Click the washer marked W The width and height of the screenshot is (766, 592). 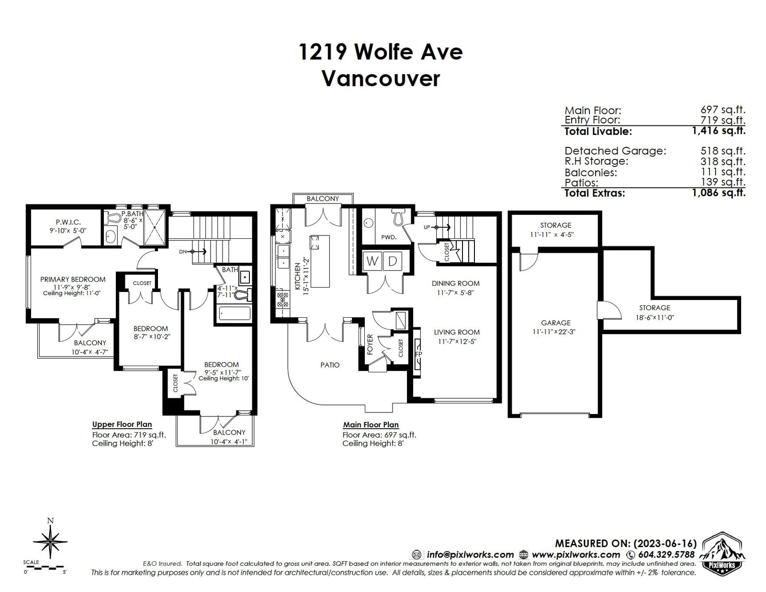[x=372, y=261]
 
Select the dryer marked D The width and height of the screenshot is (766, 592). [x=393, y=261]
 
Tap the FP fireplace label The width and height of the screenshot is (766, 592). [x=418, y=354]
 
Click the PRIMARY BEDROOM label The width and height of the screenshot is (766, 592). [x=73, y=279]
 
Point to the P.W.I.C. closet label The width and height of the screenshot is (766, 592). [x=68, y=222]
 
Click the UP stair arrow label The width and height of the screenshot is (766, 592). [x=427, y=227]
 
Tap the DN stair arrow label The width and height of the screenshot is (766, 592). [x=182, y=252]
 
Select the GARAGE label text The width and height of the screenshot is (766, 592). [x=555, y=323]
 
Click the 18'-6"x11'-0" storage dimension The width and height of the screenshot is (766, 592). [x=654, y=317]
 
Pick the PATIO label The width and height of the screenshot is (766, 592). [x=330, y=365]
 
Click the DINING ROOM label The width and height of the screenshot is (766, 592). [x=455, y=283]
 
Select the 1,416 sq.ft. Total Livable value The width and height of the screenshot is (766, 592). [x=719, y=131]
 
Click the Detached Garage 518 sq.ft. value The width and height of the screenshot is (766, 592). [x=723, y=151]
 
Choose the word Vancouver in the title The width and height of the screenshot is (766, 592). [x=381, y=78]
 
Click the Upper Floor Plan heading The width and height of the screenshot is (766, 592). [x=122, y=424]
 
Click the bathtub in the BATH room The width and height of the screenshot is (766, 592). [x=235, y=313]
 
